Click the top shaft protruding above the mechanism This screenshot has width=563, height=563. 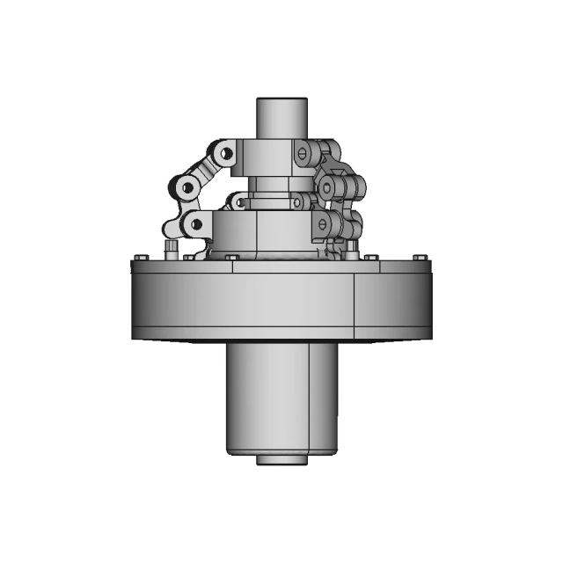[281, 114]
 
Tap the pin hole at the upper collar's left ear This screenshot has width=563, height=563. [226, 155]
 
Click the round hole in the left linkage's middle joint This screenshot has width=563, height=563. [186, 187]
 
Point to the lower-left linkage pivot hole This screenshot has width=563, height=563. [196, 224]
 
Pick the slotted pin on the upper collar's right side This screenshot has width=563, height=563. [303, 154]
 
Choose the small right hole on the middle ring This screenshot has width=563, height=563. [300, 202]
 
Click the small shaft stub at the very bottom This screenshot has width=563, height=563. [281, 459]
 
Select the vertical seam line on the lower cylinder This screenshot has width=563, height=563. [309, 396]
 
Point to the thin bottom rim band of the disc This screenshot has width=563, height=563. [281, 339]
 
